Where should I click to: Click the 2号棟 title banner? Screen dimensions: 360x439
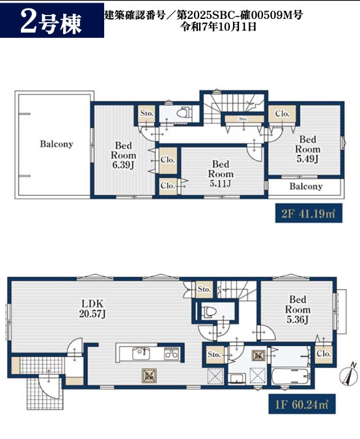tap(52, 20)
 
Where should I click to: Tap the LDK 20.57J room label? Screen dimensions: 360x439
tap(92, 309)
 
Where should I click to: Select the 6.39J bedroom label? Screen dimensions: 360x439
tap(123, 155)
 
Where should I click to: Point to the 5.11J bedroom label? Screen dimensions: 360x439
tap(221, 174)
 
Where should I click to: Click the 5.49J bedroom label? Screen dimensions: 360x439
tap(308, 149)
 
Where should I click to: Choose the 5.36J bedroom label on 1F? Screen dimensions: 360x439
tap(298, 309)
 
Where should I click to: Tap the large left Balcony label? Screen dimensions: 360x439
tap(57, 144)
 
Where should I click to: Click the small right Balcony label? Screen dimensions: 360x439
tap(306, 186)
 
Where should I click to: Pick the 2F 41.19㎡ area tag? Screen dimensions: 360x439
tap(309, 214)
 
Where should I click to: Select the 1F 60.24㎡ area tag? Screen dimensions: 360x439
tap(302, 404)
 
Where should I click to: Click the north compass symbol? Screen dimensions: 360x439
tap(349, 373)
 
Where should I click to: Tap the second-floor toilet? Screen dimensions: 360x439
tap(184, 113)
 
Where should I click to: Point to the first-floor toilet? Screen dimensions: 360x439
tap(208, 311)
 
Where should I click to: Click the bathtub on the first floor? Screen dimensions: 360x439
tap(290, 376)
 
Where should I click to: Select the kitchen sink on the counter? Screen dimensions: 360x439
tap(141, 353)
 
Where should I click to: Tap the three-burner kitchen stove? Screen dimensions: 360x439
tap(171, 354)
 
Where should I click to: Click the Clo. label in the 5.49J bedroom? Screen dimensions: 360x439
tap(282, 114)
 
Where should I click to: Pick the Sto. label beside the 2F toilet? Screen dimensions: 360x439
tap(147, 113)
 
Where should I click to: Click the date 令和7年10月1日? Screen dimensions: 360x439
tap(219, 27)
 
